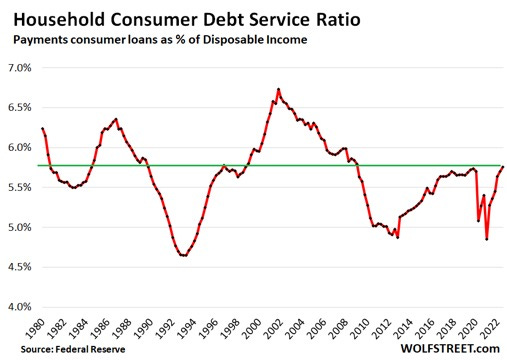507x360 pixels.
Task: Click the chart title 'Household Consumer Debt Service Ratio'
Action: pyautogui.click(x=174, y=17)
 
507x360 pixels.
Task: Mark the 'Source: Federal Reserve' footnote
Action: pyautogui.click(x=60, y=348)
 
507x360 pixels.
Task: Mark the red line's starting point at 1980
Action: pyautogui.click(x=41, y=128)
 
